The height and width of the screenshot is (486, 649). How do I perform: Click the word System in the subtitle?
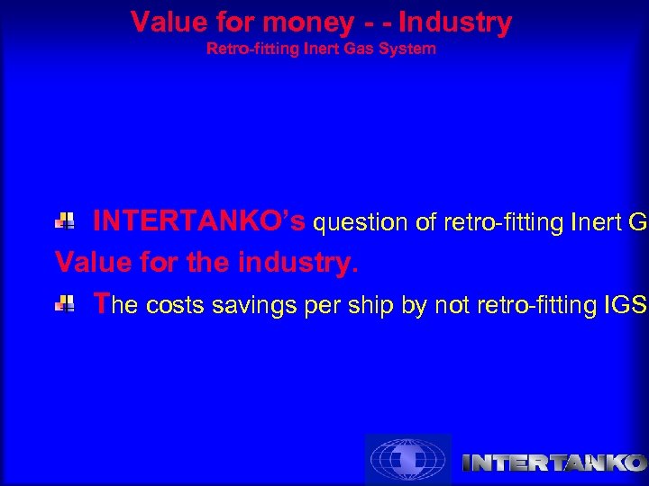[412, 49]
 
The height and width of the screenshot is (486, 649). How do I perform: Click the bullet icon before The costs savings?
[65, 305]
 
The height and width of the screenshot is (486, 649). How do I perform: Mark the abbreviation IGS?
[626, 307]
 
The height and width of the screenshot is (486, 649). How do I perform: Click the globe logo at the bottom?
[407, 460]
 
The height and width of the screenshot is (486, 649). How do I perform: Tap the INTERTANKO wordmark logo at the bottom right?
[553, 463]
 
